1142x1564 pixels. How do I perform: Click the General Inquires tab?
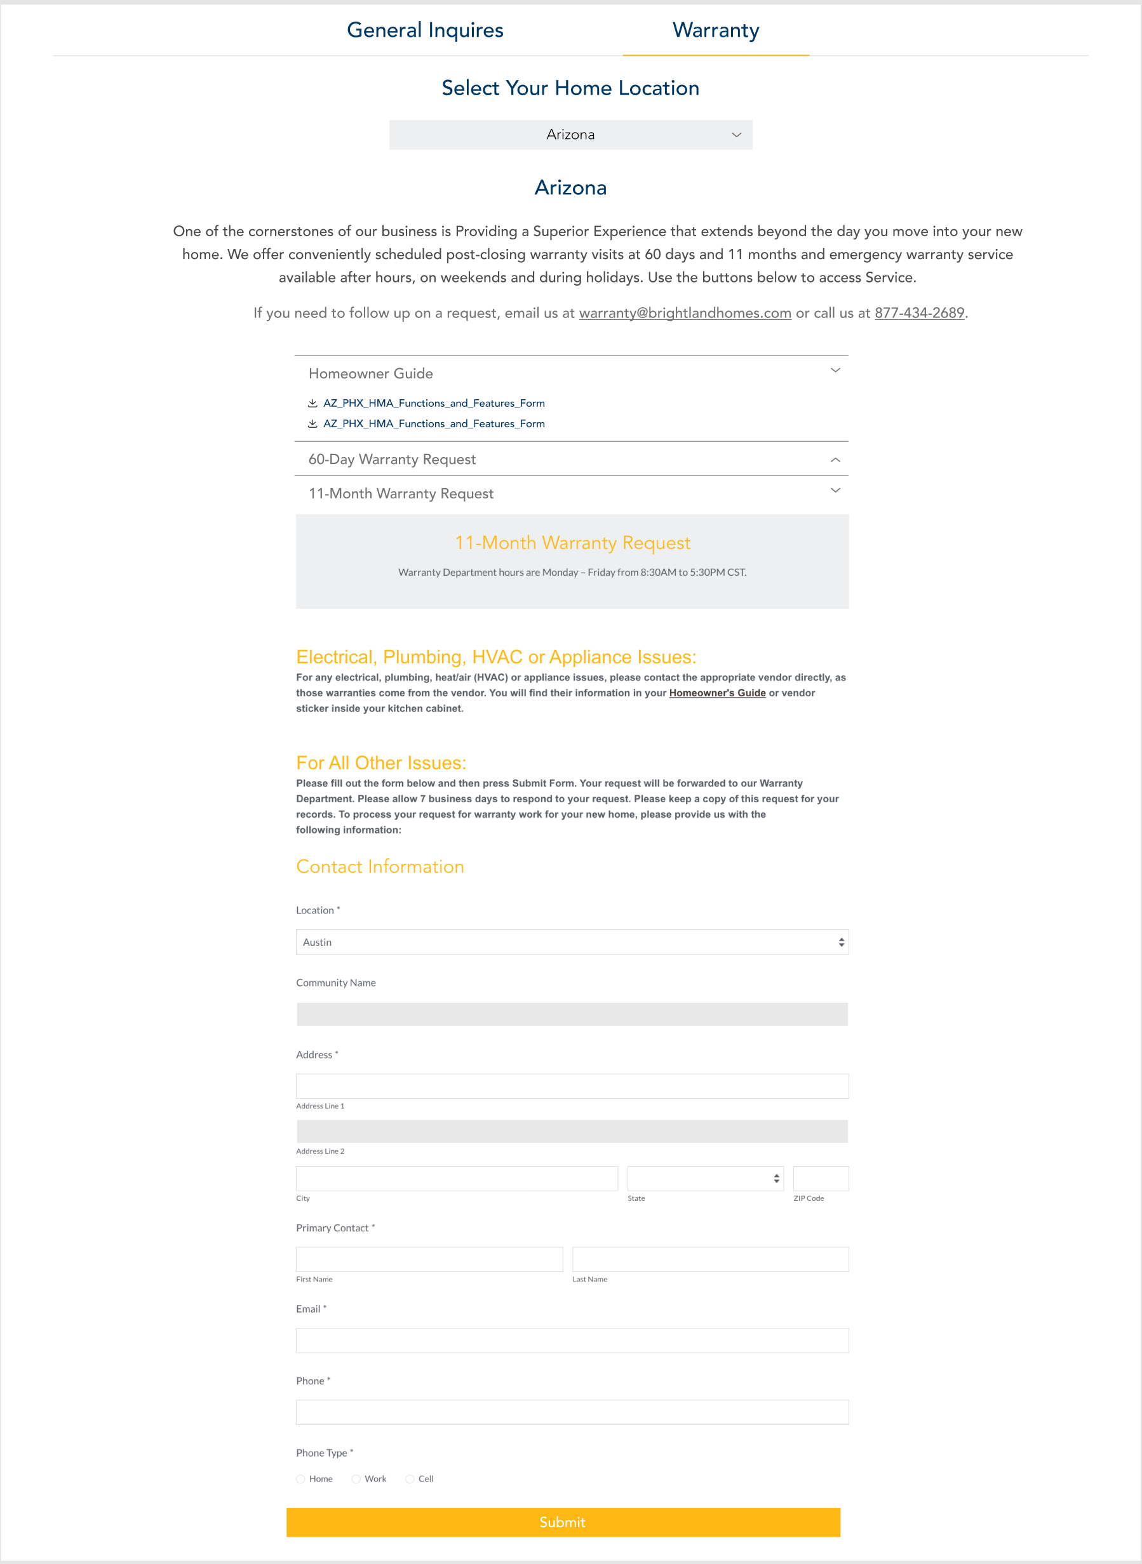click(424, 30)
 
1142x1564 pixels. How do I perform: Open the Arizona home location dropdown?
click(570, 135)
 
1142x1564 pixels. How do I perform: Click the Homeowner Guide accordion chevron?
click(835, 371)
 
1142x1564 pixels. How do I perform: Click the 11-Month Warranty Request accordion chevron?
click(835, 491)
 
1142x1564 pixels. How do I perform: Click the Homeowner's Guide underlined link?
click(717, 693)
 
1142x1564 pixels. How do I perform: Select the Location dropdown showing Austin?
click(572, 942)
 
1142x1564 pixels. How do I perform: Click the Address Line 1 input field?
click(572, 1086)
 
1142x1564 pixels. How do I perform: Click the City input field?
click(456, 1179)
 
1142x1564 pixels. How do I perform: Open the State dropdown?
click(704, 1179)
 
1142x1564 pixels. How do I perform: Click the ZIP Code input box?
click(821, 1179)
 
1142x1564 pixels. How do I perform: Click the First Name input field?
click(429, 1259)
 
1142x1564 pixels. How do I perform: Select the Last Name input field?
click(710, 1259)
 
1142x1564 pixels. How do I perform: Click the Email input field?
click(572, 1340)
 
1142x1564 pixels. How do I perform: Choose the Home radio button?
click(300, 1479)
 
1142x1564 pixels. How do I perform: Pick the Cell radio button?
click(410, 1479)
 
